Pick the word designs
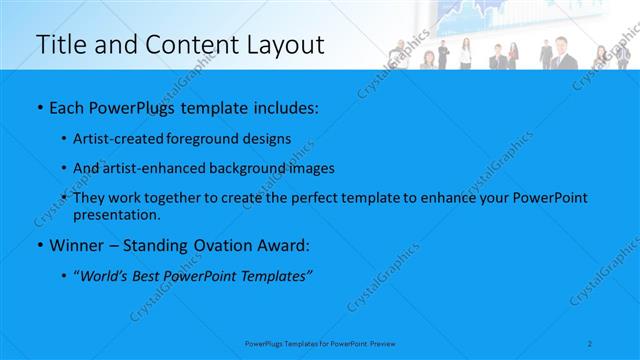tap(267, 139)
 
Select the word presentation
tap(115, 214)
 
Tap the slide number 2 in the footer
tap(591, 343)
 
